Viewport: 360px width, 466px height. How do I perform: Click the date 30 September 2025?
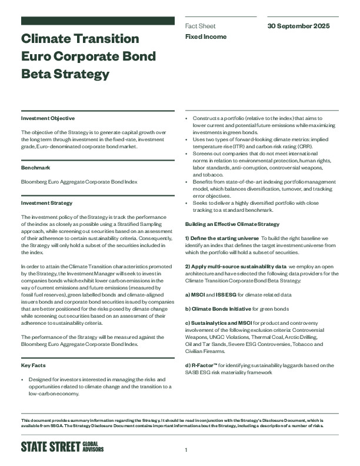coord(298,26)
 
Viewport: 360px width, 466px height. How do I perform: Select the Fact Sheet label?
coord(200,26)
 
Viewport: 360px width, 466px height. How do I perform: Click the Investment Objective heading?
coord(45,118)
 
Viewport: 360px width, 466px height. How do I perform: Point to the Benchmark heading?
coord(35,168)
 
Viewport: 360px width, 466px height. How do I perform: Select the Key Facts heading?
coord(34,366)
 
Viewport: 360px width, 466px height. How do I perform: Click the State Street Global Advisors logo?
coord(66,447)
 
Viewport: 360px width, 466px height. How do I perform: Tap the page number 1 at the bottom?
coord(186,450)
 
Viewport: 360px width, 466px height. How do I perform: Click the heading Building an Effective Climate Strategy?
coord(233,224)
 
